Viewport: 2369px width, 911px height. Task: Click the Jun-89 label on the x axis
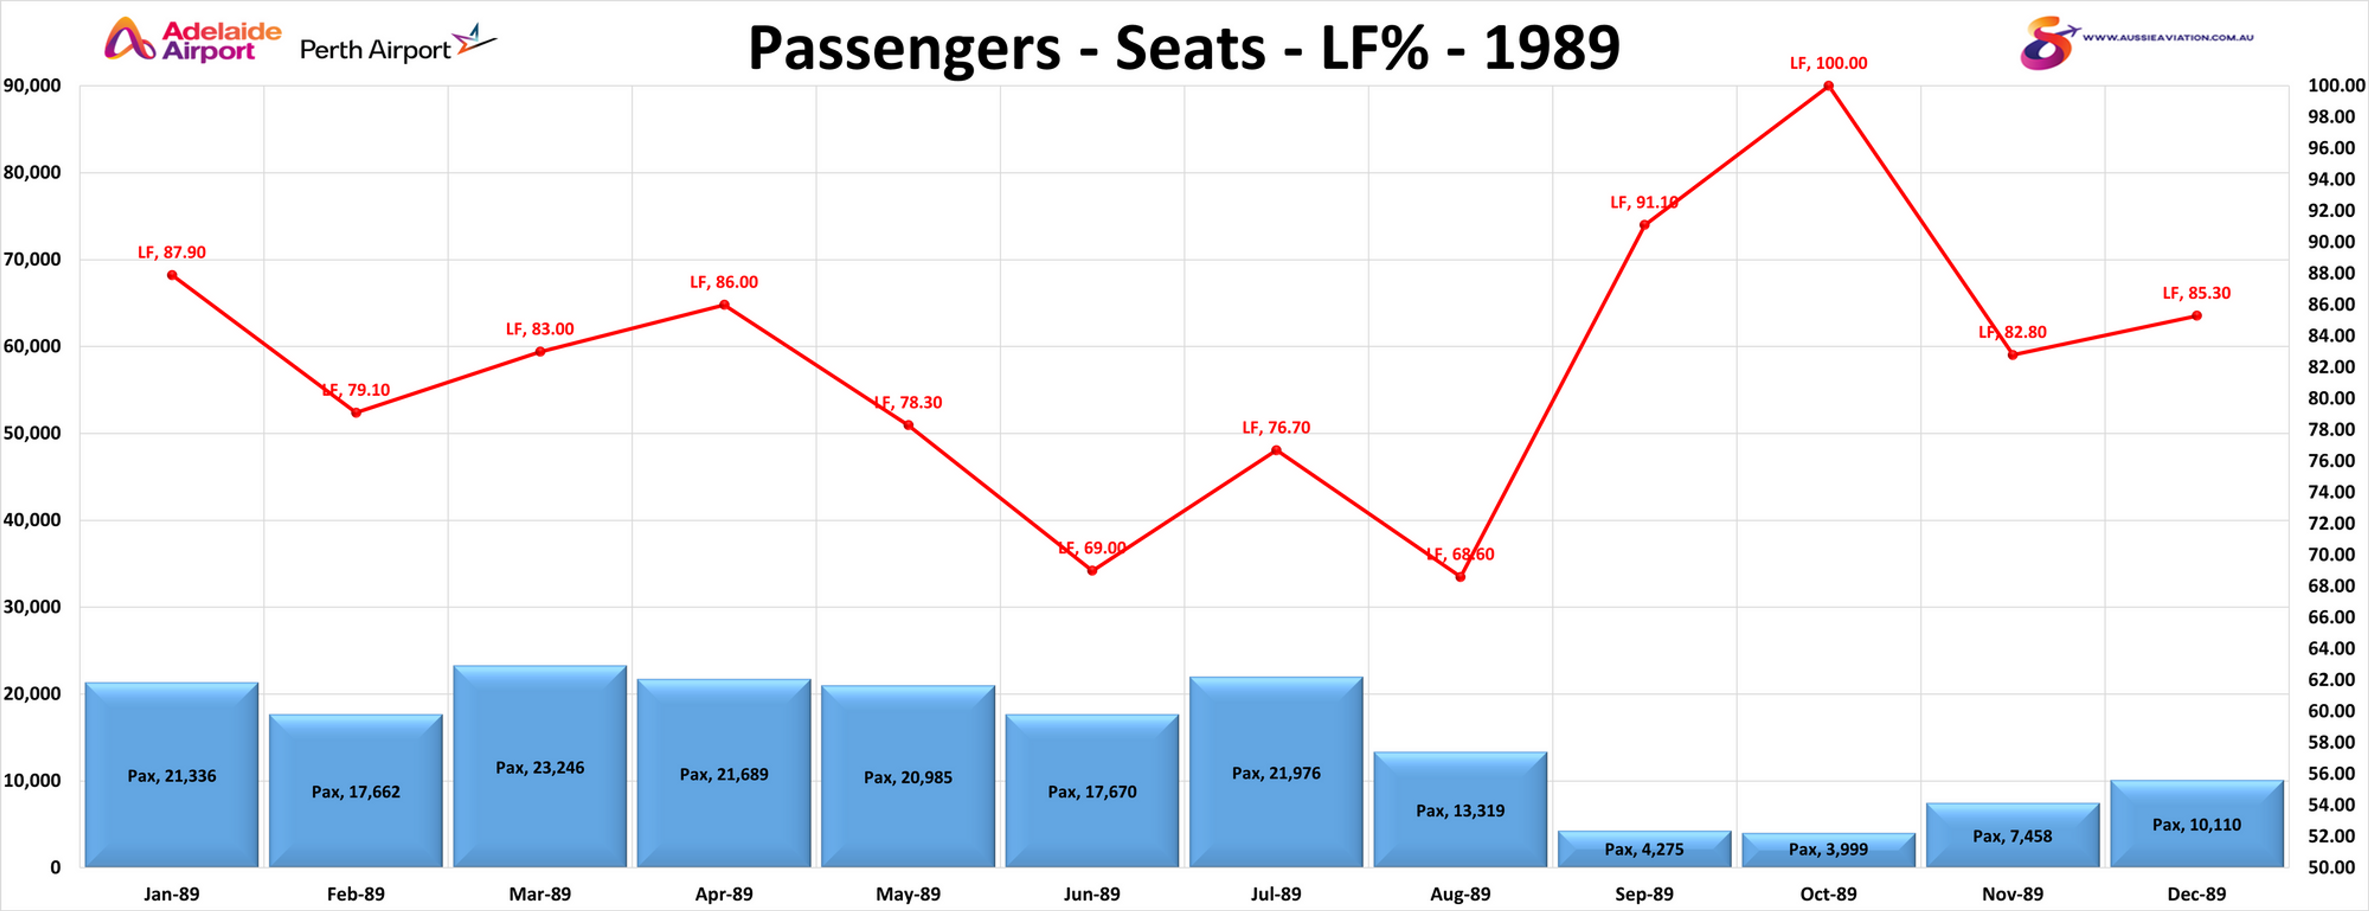[x=1092, y=893]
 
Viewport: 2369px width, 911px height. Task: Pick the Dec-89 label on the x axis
[x=2196, y=893]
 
